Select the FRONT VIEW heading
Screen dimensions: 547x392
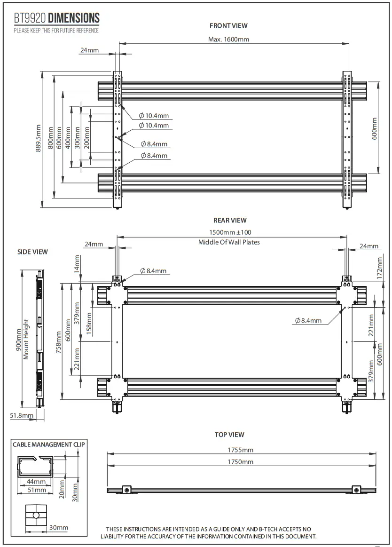pyautogui.click(x=228, y=26)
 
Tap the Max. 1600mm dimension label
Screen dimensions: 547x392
pyautogui.click(x=228, y=39)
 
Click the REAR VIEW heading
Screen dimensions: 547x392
pyautogui.click(x=230, y=220)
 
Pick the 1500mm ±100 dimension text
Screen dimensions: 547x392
pyautogui.click(x=230, y=232)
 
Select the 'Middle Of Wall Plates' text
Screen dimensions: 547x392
pyautogui.click(x=229, y=242)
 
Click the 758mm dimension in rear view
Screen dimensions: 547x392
pyautogui.click(x=58, y=341)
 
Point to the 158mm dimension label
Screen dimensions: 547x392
pyautogui.click(x=89, y=322)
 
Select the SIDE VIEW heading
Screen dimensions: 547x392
pyautogui.click(x=32, y=252)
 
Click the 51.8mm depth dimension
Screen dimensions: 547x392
pyautogui.click(x=22, y=415)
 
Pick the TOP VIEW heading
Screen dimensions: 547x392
pyautogui.click(x=229, y=435)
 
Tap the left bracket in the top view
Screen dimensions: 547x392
pyautogui.click(x=126, y=490)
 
